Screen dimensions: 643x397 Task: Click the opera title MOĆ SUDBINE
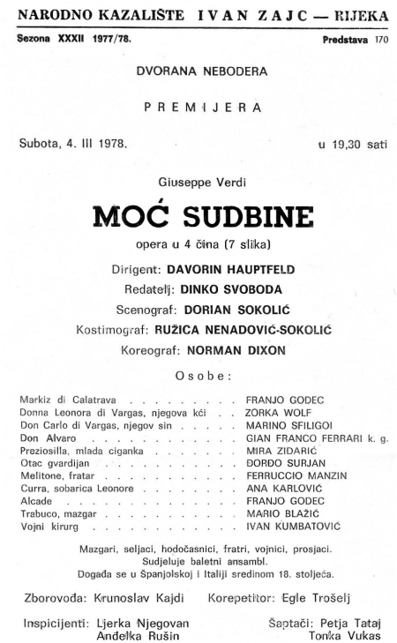point(198,217)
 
